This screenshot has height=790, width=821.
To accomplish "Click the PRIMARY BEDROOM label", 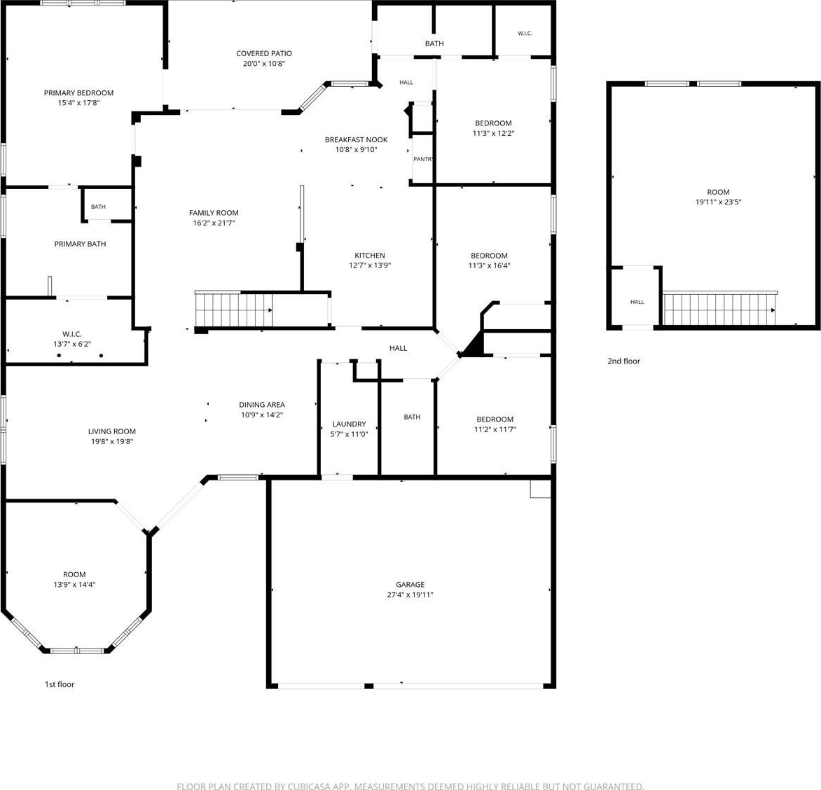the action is pos(78,92).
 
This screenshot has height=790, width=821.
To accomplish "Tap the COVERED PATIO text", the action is pos(264,53).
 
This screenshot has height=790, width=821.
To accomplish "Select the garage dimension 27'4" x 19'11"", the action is pos(410,595).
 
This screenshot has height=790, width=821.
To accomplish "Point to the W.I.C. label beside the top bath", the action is pos(525,34).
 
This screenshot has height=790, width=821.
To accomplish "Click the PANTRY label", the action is pos(423,159).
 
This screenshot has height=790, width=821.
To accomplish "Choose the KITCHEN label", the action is pos(370,256).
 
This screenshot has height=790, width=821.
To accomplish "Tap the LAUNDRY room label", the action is pos(350,424).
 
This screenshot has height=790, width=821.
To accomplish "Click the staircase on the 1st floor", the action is pos(233,310).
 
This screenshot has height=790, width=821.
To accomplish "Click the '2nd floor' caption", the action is pos(623,361).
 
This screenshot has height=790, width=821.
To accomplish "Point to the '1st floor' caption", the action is pos(60,684).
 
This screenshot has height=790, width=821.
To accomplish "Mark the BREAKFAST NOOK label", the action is pos(356,140).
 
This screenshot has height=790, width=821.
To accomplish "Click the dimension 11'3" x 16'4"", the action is pos(489,265).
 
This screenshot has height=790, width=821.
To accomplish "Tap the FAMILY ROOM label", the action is pos(214,212).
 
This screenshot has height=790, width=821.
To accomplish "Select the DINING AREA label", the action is pos(262,405).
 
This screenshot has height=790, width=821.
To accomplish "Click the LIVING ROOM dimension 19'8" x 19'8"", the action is pos(112,441).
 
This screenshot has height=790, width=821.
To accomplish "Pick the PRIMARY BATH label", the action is pos(80,244).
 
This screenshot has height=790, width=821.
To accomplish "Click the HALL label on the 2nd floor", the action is pos(637,302).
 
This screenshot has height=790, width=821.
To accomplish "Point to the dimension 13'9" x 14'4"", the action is pos(74,584).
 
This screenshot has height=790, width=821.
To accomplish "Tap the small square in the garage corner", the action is pos(540,488).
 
